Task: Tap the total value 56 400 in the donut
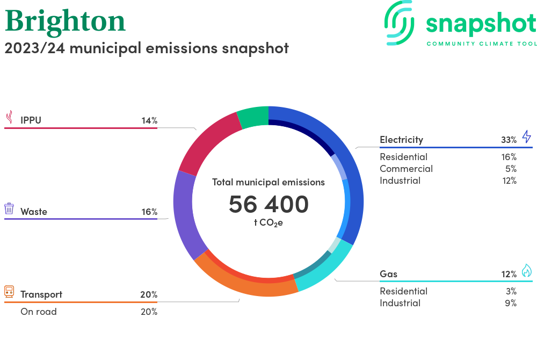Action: (268, 204)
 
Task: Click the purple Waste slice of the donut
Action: (186, 215)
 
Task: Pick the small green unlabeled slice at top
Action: (253, 117)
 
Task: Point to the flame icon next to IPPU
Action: (9, 118)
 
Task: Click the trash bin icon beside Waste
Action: (9, 208)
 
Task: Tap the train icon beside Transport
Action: (9, 292)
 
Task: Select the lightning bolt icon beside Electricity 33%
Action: (526, 136)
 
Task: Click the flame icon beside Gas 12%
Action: (526, 271)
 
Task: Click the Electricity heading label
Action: (401, 140)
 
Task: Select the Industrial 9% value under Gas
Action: (511, 303)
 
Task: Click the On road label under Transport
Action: (38, 312)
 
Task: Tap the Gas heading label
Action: (388, 274)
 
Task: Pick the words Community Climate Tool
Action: (481, 44)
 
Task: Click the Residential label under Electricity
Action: (403, 157)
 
